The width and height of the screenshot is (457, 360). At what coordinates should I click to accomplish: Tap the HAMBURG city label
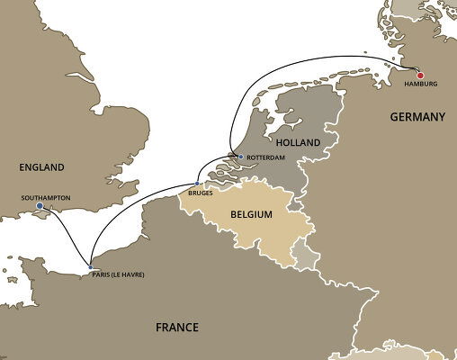(x=419, y=85)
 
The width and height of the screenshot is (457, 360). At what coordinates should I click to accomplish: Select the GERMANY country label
(x=417, y=117)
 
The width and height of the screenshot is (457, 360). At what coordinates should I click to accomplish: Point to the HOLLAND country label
(x=297, y=142)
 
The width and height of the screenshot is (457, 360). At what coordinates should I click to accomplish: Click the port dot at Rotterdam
(x=240, y=157)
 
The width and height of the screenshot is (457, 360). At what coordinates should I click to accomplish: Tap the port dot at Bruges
(x=197, y=184)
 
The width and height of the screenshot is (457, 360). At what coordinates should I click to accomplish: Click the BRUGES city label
(x=201, y=193)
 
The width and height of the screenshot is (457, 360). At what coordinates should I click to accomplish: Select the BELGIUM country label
(x=253, y=217)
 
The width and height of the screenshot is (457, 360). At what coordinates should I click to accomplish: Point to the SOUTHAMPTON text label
(x=45, y=197)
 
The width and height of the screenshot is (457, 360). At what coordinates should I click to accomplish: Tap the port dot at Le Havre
(x=90, y=266)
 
